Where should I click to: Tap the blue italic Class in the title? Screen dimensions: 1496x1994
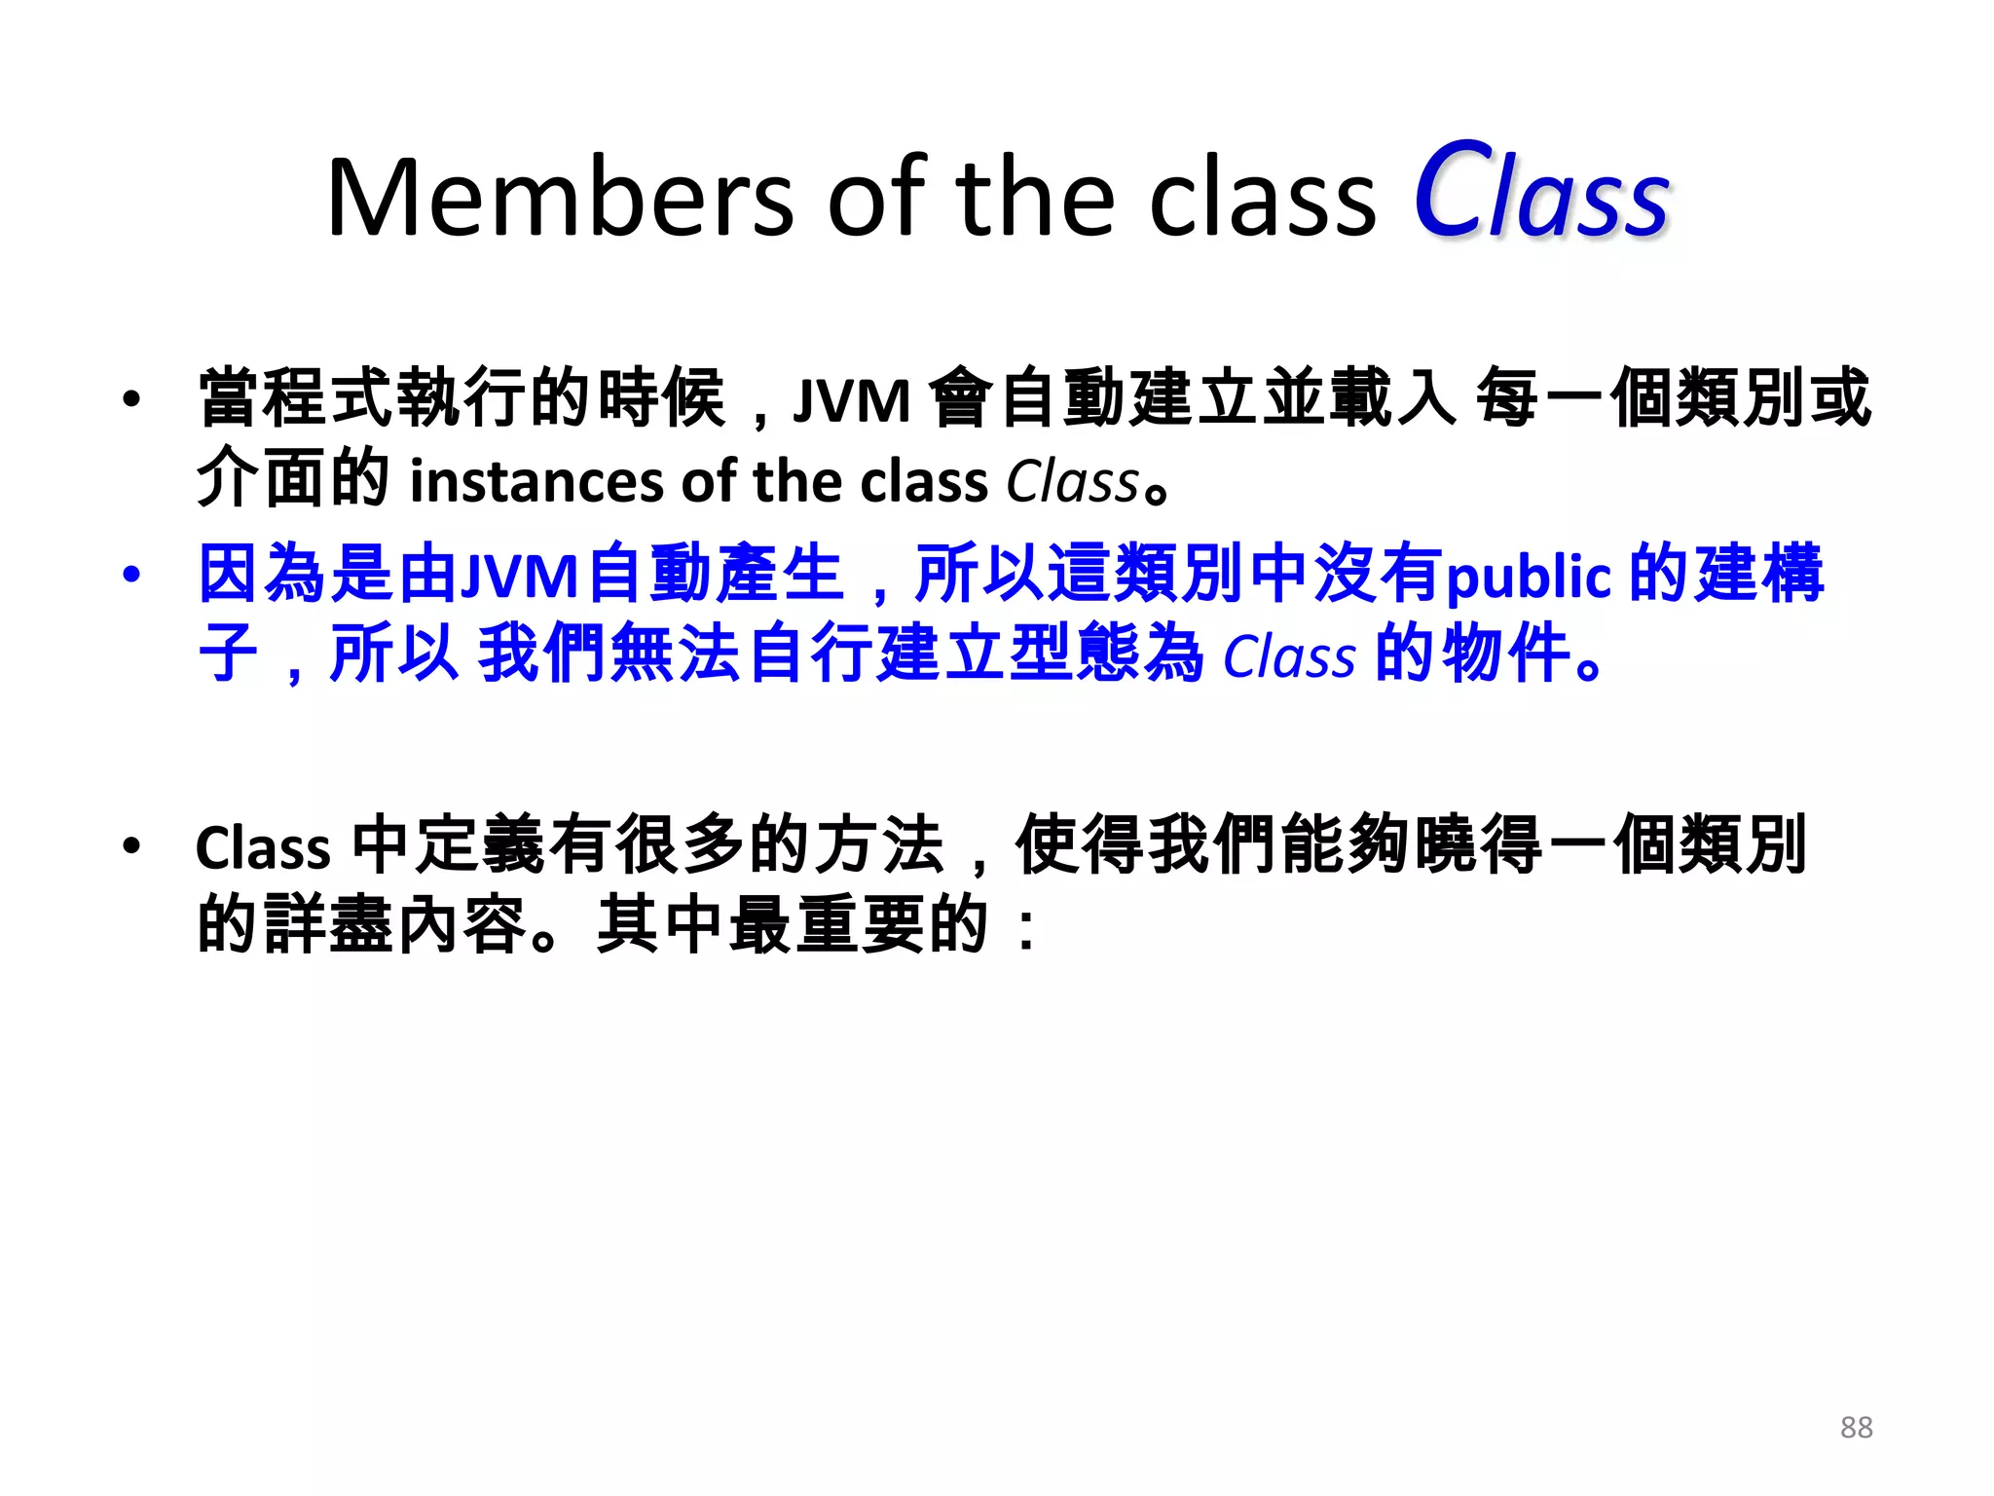1541,192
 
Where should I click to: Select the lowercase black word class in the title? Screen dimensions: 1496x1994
1263,200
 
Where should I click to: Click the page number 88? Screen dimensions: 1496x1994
1856,1428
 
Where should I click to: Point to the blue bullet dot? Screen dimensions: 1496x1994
131,575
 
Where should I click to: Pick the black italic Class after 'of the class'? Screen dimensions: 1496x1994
1072,482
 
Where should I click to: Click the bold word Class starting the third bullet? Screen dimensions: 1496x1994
263,848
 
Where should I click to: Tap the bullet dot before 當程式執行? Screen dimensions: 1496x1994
131,399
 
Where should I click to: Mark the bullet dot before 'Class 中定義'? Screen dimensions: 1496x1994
131,845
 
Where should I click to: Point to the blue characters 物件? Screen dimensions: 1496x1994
1505,654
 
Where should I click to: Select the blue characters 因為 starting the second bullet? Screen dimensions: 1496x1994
263,575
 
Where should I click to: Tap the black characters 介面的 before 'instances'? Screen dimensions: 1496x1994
293,479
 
